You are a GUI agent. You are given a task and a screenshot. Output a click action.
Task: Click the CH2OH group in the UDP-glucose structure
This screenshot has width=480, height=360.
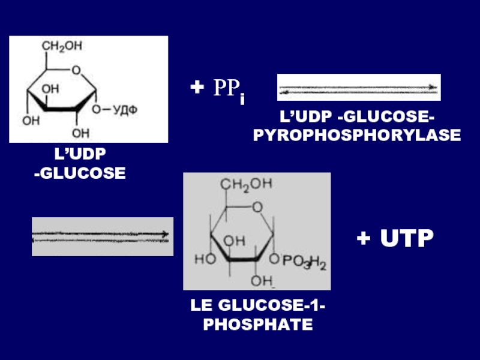(x=62, y=46)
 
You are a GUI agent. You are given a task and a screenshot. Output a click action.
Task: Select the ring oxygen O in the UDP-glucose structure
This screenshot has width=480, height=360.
(x=76, y=71)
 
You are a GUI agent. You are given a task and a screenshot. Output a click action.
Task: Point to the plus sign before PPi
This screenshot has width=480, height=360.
(x=196, y=88)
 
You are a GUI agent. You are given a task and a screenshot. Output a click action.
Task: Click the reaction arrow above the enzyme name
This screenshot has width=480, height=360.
(x=359, y=88)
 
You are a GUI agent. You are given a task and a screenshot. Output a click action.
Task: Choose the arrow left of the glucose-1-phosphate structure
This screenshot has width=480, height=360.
(x=101, y=236)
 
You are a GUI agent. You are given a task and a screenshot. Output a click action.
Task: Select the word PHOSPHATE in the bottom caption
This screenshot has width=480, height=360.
(x=258, y=326)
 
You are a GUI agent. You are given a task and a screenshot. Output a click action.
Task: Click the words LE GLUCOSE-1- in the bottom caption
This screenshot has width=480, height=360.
(x=258, y=307)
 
